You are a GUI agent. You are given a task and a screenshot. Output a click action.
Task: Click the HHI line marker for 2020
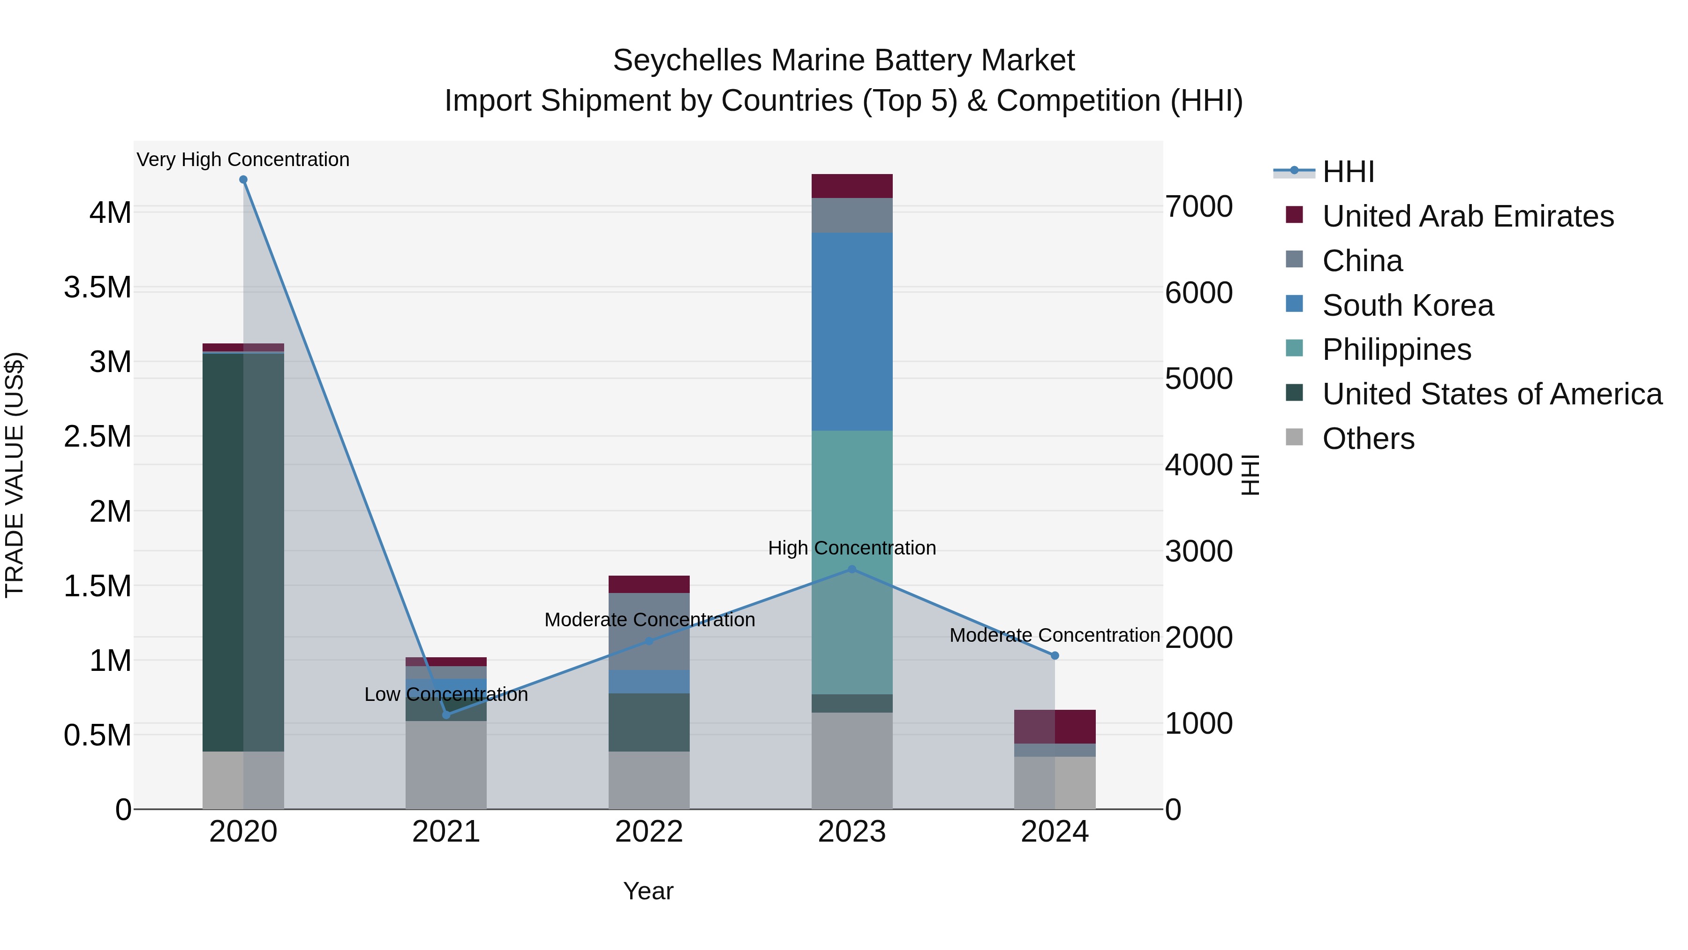tap(243, 180)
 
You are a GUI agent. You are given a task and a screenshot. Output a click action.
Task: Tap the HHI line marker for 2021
tap(446, 714)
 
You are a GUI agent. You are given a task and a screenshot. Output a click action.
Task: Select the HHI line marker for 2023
tap(852, 570)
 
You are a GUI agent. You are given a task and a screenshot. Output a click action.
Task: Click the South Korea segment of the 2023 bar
tap(852, 332)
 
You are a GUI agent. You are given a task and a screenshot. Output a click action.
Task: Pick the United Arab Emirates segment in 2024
tap(1055, 726)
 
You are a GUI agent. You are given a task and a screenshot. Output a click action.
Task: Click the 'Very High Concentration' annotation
tap(243, 160)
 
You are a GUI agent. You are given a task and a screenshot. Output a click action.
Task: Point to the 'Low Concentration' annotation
tap(446, 695)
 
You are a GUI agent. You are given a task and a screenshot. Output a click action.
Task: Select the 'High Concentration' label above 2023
tap(852, 548)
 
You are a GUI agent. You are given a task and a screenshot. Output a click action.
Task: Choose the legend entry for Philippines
tap(1396, 350)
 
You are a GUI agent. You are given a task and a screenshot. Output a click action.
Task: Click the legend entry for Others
tap(1368, 439)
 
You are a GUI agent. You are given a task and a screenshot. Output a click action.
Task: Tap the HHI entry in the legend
tap(1348, 172)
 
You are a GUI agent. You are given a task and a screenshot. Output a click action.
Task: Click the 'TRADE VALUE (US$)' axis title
tap(15, 475)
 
